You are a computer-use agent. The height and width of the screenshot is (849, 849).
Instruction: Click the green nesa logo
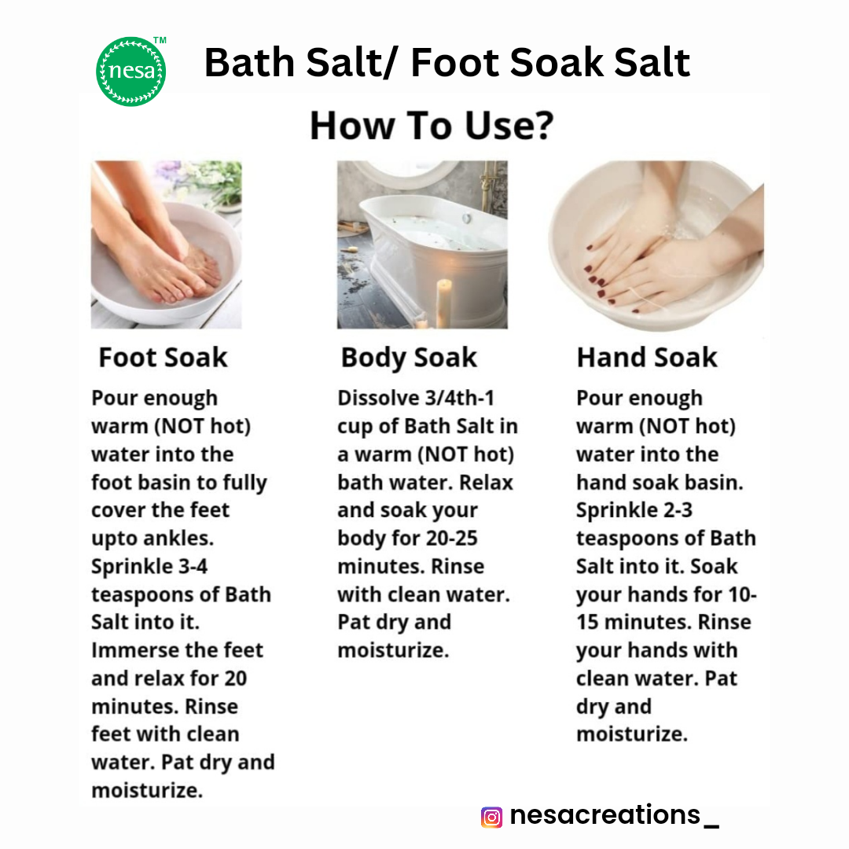point(131,72)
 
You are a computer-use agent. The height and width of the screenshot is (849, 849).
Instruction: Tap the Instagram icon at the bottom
point(491,817)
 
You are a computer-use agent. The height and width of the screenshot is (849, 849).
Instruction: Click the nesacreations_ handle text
point(615,815)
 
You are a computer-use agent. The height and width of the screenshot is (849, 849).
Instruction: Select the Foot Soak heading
point(163,358)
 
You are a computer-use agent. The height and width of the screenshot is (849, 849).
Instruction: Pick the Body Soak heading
point(409,358)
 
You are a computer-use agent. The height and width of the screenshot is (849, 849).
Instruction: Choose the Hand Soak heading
point(647,358)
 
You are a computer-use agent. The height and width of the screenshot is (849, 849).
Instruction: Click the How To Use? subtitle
point(432,126)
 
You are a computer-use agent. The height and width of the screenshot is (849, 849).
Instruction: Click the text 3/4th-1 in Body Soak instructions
point(460,398)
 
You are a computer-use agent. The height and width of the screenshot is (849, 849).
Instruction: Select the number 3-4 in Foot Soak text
point(193,566)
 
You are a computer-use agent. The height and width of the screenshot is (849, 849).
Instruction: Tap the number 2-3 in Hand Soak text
point(678,510)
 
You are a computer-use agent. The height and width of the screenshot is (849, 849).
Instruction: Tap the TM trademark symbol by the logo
point(160,40)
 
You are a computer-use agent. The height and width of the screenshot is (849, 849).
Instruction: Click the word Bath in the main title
point(249,63)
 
